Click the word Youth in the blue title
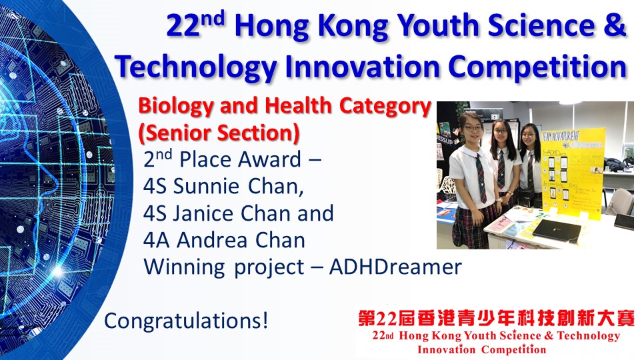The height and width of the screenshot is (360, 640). click(x=438, y=25)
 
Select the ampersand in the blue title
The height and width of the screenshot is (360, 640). click(x=617, y=25)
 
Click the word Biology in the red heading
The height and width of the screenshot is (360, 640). click(x=176, y=107)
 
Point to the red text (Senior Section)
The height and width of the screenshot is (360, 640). click(x=219, y=133)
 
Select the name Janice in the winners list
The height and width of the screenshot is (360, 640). click(x=203, y=213)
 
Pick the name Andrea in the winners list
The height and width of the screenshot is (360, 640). click(x=212, y=241)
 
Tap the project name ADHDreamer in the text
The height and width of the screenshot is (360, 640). click(x=395, y=267)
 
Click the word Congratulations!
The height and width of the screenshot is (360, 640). click(x=187, y=321)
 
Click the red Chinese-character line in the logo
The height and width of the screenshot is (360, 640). click(x=496, y=319)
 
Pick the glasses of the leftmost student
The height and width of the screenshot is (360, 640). click(x=473, y=129)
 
